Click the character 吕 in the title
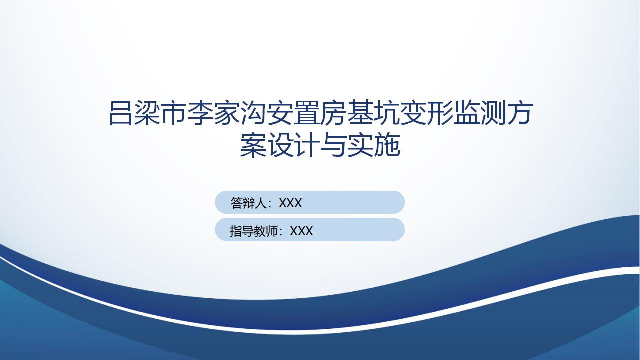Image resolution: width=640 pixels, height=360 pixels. click(x=120, y=113)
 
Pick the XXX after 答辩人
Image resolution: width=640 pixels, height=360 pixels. click(x=290, y=203)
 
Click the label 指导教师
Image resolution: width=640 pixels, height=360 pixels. click(x=254, y=231)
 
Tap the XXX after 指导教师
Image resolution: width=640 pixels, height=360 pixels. click(x=301, y=231)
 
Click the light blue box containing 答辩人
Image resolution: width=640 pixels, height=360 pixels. click(x=309, y=202)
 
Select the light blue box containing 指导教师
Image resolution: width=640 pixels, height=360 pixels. click(x=309, y=229)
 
